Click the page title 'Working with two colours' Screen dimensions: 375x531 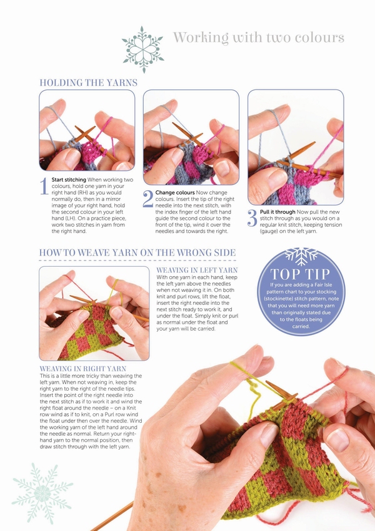[x=259, y=37]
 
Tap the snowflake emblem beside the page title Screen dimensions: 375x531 [x=142, y=49]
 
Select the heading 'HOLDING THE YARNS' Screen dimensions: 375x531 [x=89, y=83]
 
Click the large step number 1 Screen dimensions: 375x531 [x=44, y=187]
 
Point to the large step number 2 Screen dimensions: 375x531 [x=147, y=198]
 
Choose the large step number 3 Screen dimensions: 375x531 [x=252, y=219]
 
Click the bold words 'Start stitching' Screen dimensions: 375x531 [x=69, y=180]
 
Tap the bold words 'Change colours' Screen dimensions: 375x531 [x=175, y=193]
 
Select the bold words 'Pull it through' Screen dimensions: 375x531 [x=277, y=212]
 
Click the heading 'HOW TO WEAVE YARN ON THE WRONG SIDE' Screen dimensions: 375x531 [x=137, y=252]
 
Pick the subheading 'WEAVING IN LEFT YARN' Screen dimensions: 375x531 [x=197, y=271]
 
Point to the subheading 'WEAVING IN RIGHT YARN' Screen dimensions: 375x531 [x=83, y=369]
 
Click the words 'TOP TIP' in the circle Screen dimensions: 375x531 [x=300, y=274]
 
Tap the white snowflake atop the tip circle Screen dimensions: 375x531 [x=301, y=256]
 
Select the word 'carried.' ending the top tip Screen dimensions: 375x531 [x=301, y=326]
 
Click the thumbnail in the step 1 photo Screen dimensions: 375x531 [x=72, y=159]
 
